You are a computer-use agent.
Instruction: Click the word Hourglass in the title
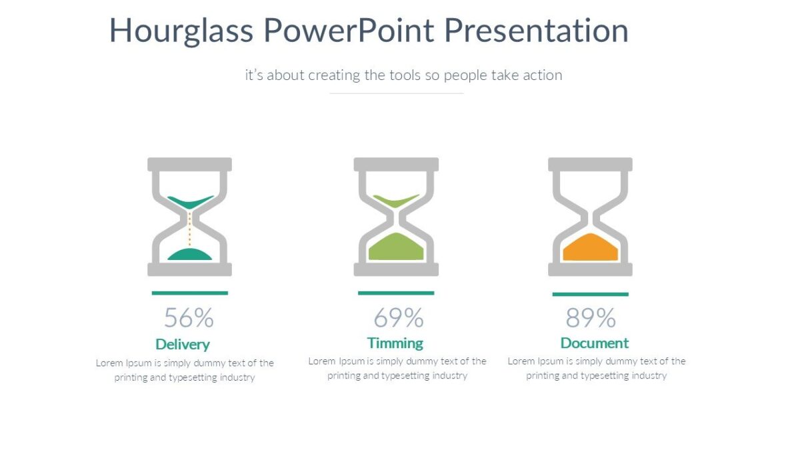181,31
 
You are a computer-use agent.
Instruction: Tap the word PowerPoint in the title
349,31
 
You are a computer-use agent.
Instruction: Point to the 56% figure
189,318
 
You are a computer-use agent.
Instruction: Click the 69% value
398,318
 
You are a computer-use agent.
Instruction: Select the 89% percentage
591,318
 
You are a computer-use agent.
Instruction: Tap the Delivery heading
183,344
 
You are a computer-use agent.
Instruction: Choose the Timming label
395,343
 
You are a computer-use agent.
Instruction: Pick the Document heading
595,343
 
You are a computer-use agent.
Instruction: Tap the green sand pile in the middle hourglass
396,247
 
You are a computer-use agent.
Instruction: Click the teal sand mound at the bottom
189,254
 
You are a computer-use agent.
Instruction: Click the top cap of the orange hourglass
590,164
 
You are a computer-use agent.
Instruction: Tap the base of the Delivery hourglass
189,269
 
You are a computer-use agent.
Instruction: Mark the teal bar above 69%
396,293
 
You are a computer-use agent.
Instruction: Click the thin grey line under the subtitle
396,93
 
